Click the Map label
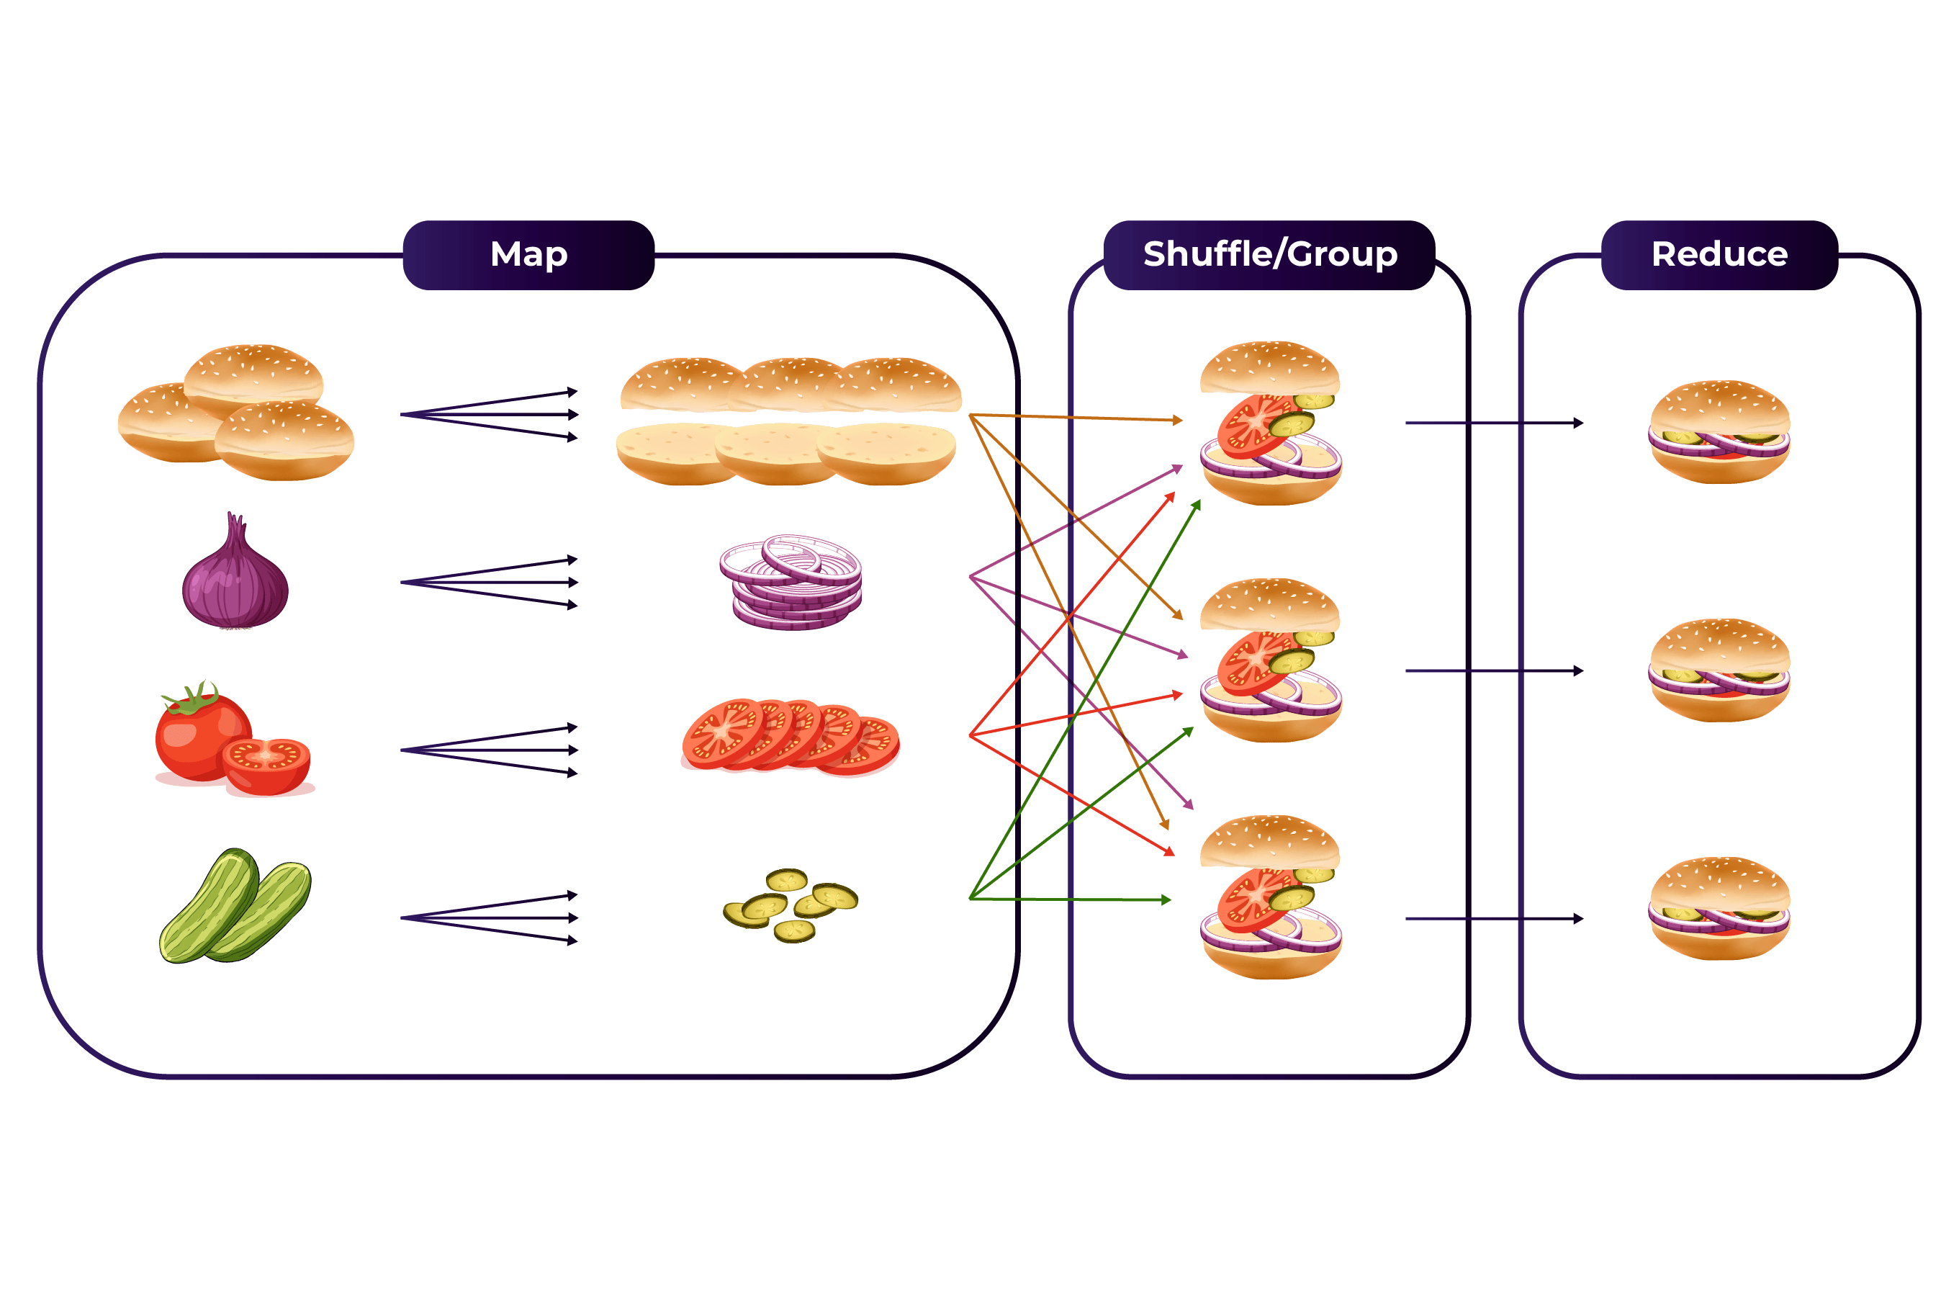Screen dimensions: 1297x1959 (x=528, y=254)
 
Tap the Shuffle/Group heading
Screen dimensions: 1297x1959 (x=1269, y=254)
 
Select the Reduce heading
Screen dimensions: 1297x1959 (x=1719, y=254)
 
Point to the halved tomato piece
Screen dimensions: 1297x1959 (x=267, y=765)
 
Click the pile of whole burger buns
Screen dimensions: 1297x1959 (x=236, y=413)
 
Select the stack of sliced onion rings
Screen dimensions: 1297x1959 (x=791, y=583)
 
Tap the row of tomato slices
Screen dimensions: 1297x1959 (x=790, y=736)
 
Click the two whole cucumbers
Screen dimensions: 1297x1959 (x=235, y=907)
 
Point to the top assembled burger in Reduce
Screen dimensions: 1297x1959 (x=1719, y=432)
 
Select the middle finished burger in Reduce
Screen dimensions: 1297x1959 (x=1719, y=670)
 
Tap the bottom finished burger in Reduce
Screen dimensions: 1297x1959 (x=1719, y=908)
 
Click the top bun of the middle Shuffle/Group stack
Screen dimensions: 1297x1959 (x=1269, y=605)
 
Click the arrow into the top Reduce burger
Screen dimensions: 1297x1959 (x=1493, y=423)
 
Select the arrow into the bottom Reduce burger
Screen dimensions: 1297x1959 (x=1493, y=918)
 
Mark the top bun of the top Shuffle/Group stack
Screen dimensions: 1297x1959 (x=1269, y=368)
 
